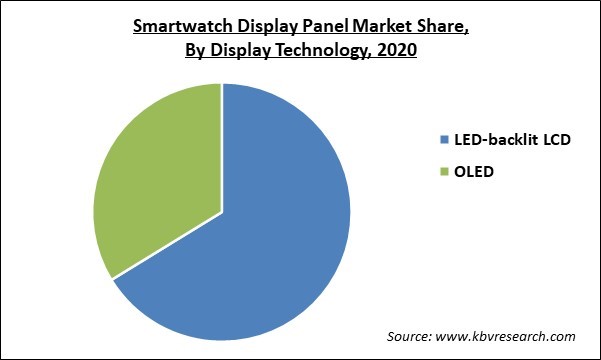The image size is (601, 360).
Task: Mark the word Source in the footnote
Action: [411, 335]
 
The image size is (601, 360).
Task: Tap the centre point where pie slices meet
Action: [222, 212]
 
